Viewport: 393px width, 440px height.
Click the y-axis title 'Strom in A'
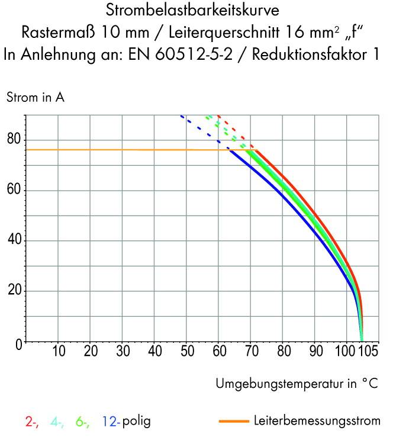[36, 98]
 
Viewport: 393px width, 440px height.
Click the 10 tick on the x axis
[58, 352]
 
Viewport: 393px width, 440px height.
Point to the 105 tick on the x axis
[368, 352]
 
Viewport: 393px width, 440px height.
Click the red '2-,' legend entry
[32, 422]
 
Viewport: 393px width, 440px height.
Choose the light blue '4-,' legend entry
[57, 422]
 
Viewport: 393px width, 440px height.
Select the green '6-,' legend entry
[82, 422]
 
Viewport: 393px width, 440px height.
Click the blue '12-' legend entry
[111, 422]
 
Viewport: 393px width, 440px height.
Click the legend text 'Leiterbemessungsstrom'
[317, 422]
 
